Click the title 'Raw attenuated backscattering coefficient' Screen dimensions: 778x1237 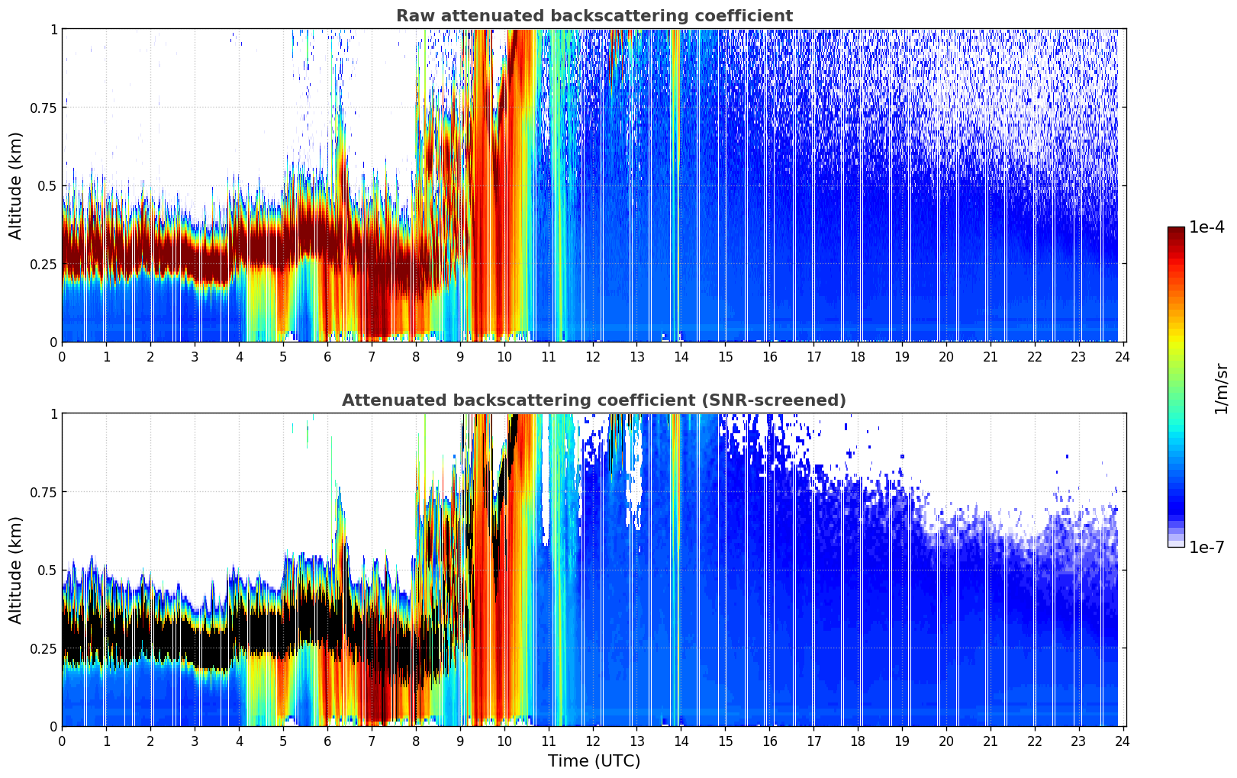594,16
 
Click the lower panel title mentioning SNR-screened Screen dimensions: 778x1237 594,400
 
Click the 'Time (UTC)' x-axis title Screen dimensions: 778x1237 594,761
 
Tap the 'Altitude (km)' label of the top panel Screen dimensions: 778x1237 16,185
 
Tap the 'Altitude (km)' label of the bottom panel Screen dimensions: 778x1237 16,570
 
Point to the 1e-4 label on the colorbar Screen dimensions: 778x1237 1206,227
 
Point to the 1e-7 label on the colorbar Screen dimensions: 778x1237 1206,547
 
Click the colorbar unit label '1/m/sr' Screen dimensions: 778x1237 1221,388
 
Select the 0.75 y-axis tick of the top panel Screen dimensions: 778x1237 43,108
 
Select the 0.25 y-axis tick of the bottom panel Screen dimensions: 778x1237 43,648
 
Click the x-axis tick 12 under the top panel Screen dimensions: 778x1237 593,356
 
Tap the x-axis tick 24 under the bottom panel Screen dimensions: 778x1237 1122,741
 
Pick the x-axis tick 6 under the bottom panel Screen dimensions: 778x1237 327,741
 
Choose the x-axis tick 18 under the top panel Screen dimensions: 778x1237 858,356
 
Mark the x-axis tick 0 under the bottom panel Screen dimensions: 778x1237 62,741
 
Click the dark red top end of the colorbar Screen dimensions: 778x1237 1175,230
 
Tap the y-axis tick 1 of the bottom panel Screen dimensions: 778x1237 53,414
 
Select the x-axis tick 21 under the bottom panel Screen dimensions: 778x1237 990,741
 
